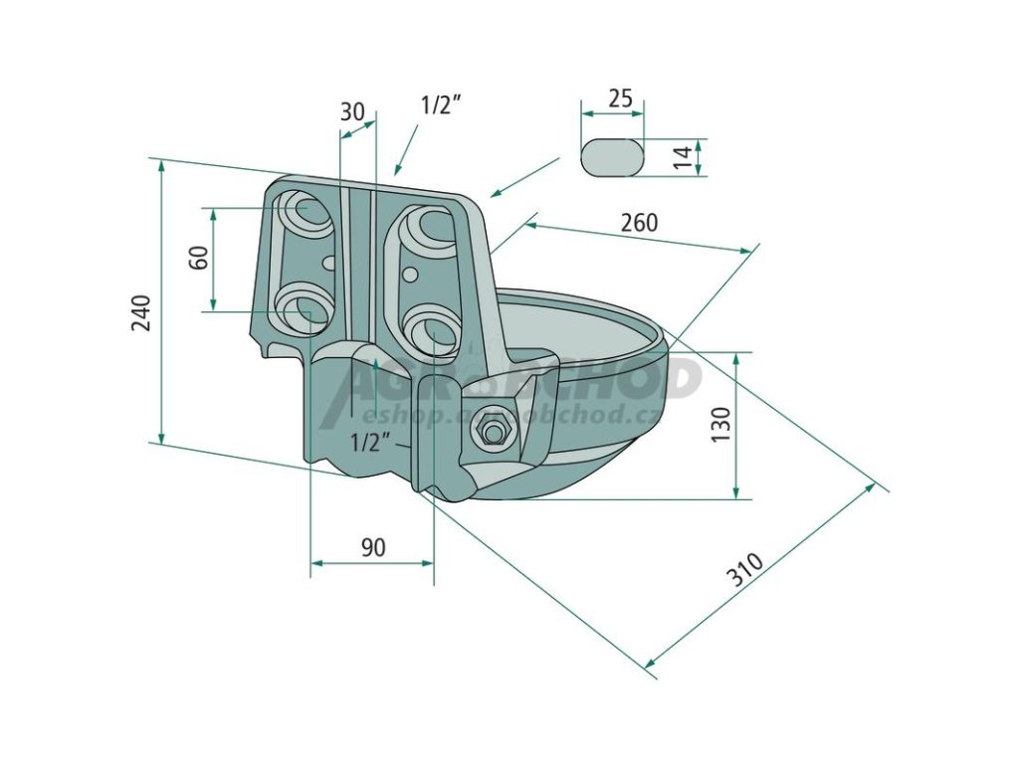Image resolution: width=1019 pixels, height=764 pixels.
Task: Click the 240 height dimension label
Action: pos(141,311)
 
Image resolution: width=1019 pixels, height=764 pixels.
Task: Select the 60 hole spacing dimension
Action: pos(199,258)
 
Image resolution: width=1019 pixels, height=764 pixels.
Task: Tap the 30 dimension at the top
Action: pos(352,111)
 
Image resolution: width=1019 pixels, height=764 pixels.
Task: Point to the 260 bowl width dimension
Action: pos(639,223)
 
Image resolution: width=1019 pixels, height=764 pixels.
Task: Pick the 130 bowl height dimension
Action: pos(722,425)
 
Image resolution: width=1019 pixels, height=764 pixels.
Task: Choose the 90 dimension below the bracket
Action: pos(372,546)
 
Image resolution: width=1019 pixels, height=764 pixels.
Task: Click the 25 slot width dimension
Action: pos(620,98)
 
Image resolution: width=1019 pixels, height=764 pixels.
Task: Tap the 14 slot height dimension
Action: pos(683,157)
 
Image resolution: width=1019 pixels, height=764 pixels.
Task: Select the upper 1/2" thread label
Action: pos(441,104)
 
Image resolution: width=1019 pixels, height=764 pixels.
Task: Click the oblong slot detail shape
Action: pos(613,157)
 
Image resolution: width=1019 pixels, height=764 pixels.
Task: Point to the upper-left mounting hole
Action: pos(306,213)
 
